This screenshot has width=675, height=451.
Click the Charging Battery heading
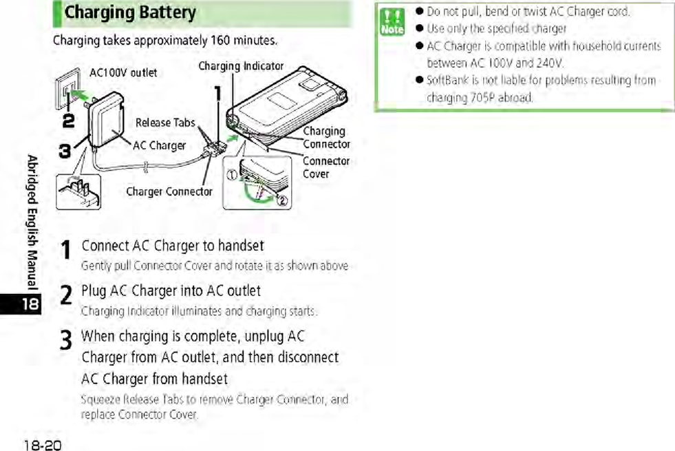point(131,13)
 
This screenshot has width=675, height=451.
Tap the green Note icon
point(394,21)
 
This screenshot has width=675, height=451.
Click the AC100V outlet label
point(123,72)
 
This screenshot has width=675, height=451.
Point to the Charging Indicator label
point(241,66)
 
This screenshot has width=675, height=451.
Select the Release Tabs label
point(165,123)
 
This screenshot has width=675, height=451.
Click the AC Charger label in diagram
point(159,145)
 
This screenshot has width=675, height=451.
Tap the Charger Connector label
point(169,191)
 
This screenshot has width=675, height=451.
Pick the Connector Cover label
point(326,167)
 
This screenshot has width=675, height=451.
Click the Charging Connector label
point(326,137)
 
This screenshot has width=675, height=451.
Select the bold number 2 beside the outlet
point(68,121)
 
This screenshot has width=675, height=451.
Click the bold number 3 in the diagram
point(64,151)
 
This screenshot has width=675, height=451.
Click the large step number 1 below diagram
point(66,251)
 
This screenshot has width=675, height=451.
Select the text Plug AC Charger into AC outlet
point(171,291)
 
